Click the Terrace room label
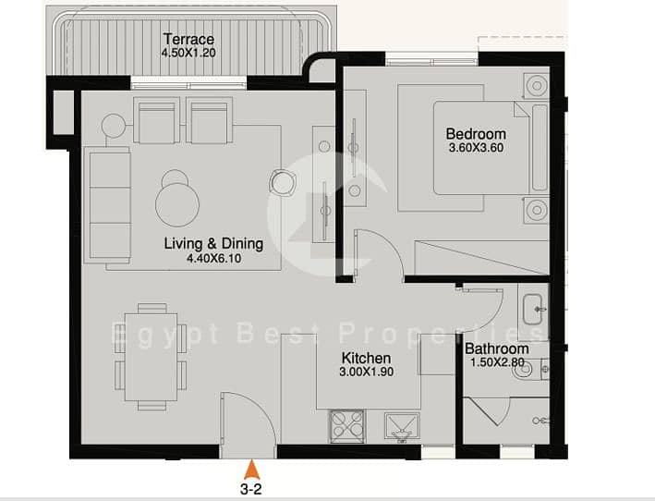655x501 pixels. point(188,39)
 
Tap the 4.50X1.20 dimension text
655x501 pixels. point(188,53)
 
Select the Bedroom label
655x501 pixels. point(476,134)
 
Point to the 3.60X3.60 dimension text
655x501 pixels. point(476,148)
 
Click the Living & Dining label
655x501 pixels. point(213,244)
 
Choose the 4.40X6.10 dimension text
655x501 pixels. point(213,258)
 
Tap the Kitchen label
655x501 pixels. point(366,358)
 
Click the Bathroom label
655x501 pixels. point(497,348)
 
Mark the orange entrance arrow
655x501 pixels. point(252,470)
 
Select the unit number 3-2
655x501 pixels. point(251,489)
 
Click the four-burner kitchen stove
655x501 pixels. point(347,426)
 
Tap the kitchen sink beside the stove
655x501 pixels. point(402,427)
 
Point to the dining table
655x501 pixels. point(151,357)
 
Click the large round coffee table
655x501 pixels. point(177,205)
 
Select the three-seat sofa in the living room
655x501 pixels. point(107,205)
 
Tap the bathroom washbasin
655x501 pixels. point(533,310)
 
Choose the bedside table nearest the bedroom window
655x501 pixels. point(536,86)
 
